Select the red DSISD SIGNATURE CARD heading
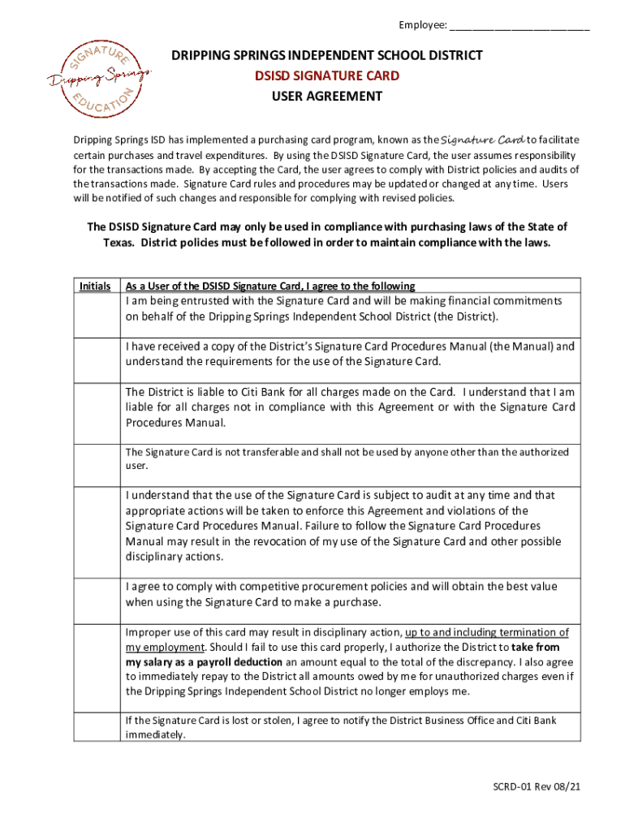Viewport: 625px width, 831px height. click(x=326, y=75)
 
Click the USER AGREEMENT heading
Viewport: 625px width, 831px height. click(x=326, y=96)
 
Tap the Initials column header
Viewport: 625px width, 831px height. click(x=95, y=286)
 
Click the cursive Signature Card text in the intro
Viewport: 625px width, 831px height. click(x=482, y=139)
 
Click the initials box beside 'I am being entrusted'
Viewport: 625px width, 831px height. click(x=96, y=314)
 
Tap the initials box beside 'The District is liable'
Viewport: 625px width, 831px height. click(x=96, y=409)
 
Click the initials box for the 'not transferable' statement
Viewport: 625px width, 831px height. click(x=96, y=463)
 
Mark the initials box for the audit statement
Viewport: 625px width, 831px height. click(x=96, y=532)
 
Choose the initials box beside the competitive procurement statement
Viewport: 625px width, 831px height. click(x=96, y=600)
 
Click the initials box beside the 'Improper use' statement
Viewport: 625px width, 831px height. click(x=96, y=667)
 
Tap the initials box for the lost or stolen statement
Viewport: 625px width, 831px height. click(x=96, y=726)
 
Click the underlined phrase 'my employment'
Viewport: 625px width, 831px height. click(x=164, y=648)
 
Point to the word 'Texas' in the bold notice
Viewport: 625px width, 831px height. click(x=120, y=243)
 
